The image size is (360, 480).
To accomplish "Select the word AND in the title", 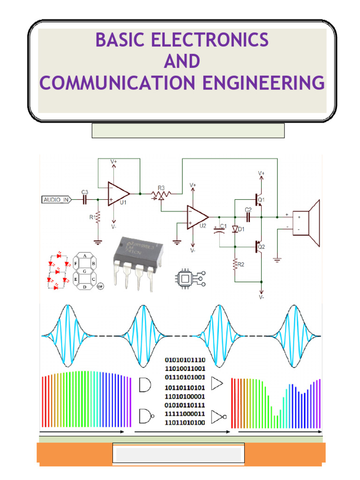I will pyautogui.click(x=181, y=61).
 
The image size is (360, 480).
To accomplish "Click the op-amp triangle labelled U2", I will pyautogui.click(x=197, y=217).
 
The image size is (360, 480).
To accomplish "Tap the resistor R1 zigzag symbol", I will pyautogui.click(x=98, y=217).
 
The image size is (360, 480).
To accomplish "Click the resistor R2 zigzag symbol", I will pyautogui.click(x=234, y=266).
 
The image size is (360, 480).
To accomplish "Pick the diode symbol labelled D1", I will pyautogui.click(x=235, y=230).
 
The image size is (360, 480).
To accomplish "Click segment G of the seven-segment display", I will pyautogui.click(x=84, y=271).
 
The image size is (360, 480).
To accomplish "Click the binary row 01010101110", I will pyautogui.click(x=185, y=360).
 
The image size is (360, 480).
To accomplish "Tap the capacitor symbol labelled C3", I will pyautogui.click(x=85, y=200).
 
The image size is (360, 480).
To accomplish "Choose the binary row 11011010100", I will pyautogui.click(x=185, y=422).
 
